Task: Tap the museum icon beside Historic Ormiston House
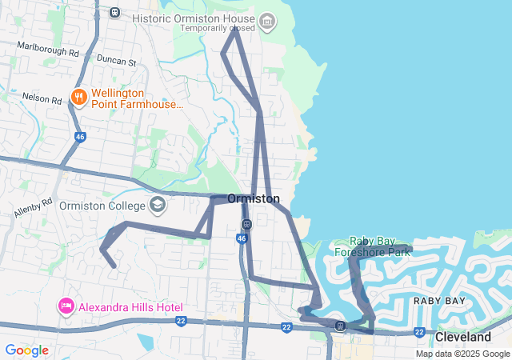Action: (x=268, y=19)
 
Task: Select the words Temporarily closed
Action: (x=218, y=29)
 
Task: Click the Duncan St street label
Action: (x=116, y=61)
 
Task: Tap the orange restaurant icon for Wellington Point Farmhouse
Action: (x=78, y=98)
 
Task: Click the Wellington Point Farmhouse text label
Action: (x=137, y=98)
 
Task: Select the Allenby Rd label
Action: (x=33, y=207)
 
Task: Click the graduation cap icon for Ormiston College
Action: (x=158, y=204)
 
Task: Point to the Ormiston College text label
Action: (x=102, y=205)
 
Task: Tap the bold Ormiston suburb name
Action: (x=253, y=198)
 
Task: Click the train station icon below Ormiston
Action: (x=246, y=224)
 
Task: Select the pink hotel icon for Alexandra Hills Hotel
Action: (x=66, y=306)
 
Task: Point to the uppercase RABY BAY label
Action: (x=438, y=300)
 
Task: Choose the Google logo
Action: (x=26, y=350)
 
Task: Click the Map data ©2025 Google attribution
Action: (x=462, y=354)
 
